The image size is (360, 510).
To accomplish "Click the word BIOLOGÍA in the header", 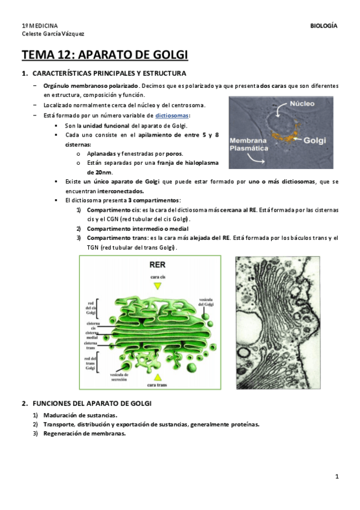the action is (323, 26).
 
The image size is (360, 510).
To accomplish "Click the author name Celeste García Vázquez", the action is (53, 34).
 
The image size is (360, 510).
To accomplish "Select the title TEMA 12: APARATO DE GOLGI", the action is (105, 56).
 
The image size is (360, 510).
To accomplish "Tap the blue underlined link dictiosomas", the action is (172, 115).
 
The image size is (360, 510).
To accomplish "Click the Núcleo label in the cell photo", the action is (302, 103).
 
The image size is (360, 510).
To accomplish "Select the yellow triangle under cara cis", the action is (157, 286).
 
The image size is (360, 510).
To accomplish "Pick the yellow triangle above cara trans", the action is (157, 375).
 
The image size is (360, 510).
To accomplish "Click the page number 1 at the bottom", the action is (337, 477).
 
